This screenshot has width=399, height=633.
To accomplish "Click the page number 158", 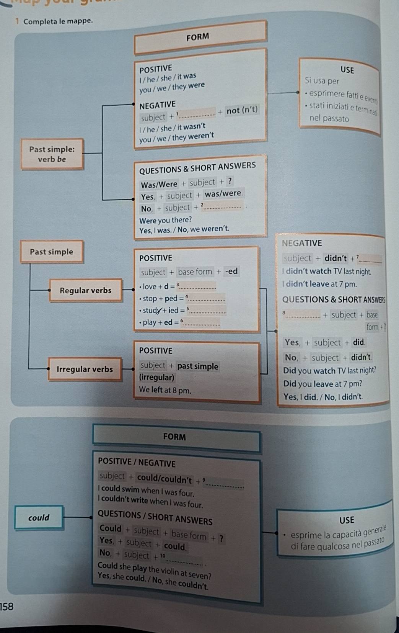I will [7, 606].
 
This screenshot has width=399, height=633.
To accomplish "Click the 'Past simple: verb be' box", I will [52, 154].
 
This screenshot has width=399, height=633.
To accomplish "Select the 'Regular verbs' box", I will [85, 291].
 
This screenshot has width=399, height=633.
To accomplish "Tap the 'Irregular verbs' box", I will [85, 369].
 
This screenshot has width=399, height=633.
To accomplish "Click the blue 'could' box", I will [39, 518].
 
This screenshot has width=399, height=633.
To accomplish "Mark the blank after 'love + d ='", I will [198, 287].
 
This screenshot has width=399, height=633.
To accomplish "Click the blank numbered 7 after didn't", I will [370, 260].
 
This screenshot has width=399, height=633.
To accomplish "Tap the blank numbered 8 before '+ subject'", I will [303, 315].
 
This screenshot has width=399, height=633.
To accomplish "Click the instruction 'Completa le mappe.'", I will [58, 21].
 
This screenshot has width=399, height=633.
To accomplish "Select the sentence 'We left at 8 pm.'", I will [165, 390].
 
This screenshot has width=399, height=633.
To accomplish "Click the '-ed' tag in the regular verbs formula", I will [231, 272].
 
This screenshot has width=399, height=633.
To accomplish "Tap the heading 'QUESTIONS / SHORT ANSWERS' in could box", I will [155, 517].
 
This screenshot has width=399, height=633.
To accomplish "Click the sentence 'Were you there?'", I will [165, 220].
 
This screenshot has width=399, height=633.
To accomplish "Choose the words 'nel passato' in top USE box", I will [329, 118].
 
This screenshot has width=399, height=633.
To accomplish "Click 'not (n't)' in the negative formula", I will [242, 110].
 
